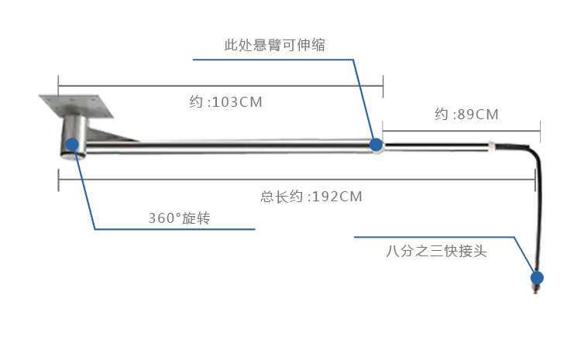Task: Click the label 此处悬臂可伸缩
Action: (x=274, y=46)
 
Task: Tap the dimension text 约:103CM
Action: (x=225, y=101)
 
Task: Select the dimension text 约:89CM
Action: (x=466, y=115)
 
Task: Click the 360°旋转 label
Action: (x=179, y=218)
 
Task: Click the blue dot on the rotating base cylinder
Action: (x=72, y=144)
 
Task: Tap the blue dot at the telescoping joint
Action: (x=376, y=144)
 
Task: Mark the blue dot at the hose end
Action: (x=536, y=276)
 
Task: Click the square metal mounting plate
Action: (x=77, y=105)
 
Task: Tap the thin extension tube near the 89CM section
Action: (x=434, y=144)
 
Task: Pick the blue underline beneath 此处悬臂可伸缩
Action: (x=271, y=60)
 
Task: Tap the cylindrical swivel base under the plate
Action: (x=74, y=136)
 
